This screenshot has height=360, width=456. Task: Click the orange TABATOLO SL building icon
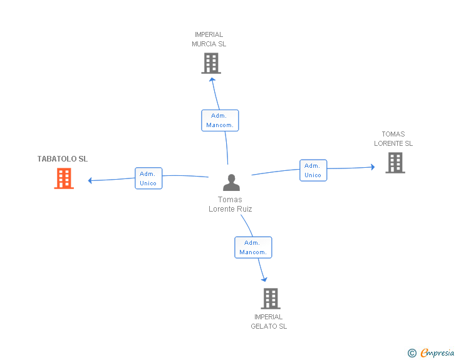pyautogui.click(x=63, y=178)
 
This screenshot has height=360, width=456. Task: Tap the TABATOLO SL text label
pyautogui.click(x=63, y=159)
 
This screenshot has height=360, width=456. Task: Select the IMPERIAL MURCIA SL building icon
pyautogui.click(x=211, y=63)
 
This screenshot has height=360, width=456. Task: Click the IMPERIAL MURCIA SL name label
pyautogui.click(x=209, y=39)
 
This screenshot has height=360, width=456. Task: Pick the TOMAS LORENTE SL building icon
pyautogui.click(x=395, y=163)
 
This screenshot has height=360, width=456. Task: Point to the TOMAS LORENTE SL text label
pyautogui.click(x=393, y=139)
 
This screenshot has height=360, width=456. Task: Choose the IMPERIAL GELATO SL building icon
pyautogui.click(x=270, y=299)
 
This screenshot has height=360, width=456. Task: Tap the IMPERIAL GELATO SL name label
pyautogui.click(x=269, y=322)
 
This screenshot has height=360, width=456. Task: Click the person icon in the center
pyautogui.click(x=231, y=183)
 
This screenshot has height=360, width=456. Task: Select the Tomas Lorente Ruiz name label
pyautogui.click(x=231, y=205)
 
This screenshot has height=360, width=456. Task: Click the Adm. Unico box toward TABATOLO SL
pyautogui.click(x=148, y=178)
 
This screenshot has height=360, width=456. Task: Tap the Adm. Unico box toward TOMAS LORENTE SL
pyautogui.click(x=313, y=170)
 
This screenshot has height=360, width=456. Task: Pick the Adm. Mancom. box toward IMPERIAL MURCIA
pyautogui.click(x=219, y=120)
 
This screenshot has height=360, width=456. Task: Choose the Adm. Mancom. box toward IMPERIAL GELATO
pyautogui.click(x=253, y=247)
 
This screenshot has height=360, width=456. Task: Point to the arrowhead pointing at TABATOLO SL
pyautogui.click(x=91, y=180)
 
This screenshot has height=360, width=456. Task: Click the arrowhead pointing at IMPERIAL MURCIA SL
pyautogui.click(x=212, y=78)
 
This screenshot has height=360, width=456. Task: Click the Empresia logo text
pyautogui.click(x=437, y=353)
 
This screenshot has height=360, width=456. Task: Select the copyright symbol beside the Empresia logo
pyautogui.click(x=412, y=354)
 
